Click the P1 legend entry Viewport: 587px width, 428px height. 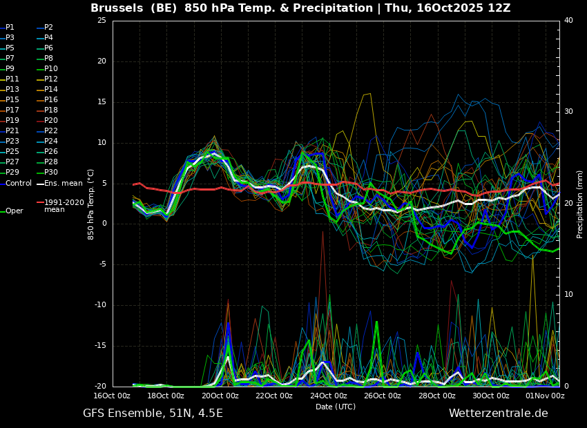pos(7,28)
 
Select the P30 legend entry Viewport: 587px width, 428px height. pos(47,172)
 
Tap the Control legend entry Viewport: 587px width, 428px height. pos(16,184)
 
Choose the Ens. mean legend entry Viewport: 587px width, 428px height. pos(59,184)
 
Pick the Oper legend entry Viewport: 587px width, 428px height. pos(12,211)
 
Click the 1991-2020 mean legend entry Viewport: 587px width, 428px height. pos(60,206)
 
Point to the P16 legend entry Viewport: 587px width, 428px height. pos(47,99)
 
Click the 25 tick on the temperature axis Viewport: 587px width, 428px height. pos(102,20)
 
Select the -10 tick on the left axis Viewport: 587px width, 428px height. pos(100,305)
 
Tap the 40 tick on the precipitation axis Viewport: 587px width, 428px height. pos(568,20)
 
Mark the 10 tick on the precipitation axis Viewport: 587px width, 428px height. pos(568,295)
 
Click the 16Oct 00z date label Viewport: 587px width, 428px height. pos(112,396)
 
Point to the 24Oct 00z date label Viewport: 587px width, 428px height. pos(328,396)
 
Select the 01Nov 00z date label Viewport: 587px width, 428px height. pos(545,396)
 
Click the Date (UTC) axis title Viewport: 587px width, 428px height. pos(336,407)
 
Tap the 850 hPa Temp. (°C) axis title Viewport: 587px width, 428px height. pos(90,204)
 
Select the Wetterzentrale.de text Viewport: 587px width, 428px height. pos(499,414)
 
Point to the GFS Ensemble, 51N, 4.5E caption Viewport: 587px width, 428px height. pos(153,414)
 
